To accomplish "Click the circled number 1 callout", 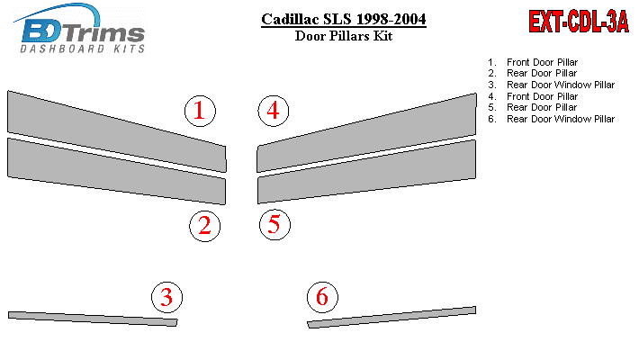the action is click(x=200, y=111).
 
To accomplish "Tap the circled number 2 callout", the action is click(x=204, y=226).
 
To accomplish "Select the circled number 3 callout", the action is click(x=166, y=297).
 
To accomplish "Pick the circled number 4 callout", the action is click(x=274, y=111).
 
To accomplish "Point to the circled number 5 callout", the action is click(x=274, y=225).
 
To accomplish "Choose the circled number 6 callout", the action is click(x=322, y=297).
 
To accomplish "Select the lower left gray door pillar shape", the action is click(x=117, y=171).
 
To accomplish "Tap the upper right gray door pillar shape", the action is click(x=367, y=132).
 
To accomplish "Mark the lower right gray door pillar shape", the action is click(x=367, y=172).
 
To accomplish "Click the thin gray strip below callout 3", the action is click(x=93, y=319).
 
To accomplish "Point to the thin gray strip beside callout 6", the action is click(x=391, y=317).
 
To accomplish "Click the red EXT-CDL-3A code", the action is click(x=579, y=22).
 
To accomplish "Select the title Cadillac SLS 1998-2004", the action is click(x=344, y=19).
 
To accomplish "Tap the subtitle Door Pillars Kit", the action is click(x=344, y=36).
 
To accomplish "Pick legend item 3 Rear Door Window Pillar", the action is click(x=552, y=85).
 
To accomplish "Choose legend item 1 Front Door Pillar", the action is click(x=533, y=62).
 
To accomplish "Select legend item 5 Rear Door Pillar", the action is click(x=533, y=107).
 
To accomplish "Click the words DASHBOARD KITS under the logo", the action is click(x=83, y=49).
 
